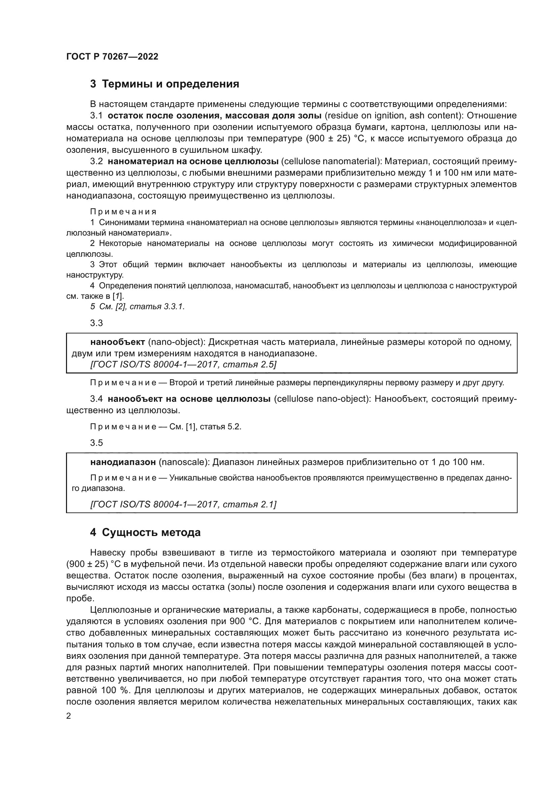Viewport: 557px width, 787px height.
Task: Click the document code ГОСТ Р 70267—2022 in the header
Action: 112,57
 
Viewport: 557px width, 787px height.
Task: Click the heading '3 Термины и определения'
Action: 165,84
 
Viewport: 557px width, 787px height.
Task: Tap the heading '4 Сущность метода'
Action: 145,532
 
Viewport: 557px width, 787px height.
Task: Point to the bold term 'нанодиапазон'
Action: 123,462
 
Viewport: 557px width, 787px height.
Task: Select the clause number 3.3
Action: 96,323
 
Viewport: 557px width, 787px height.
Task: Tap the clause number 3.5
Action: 96,443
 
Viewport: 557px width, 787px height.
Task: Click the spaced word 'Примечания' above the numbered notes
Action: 123,212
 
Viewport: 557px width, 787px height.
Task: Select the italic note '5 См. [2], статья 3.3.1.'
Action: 137,307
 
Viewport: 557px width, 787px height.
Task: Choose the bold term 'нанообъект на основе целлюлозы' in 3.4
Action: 189,399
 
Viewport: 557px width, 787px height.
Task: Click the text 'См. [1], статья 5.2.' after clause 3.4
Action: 205,427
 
